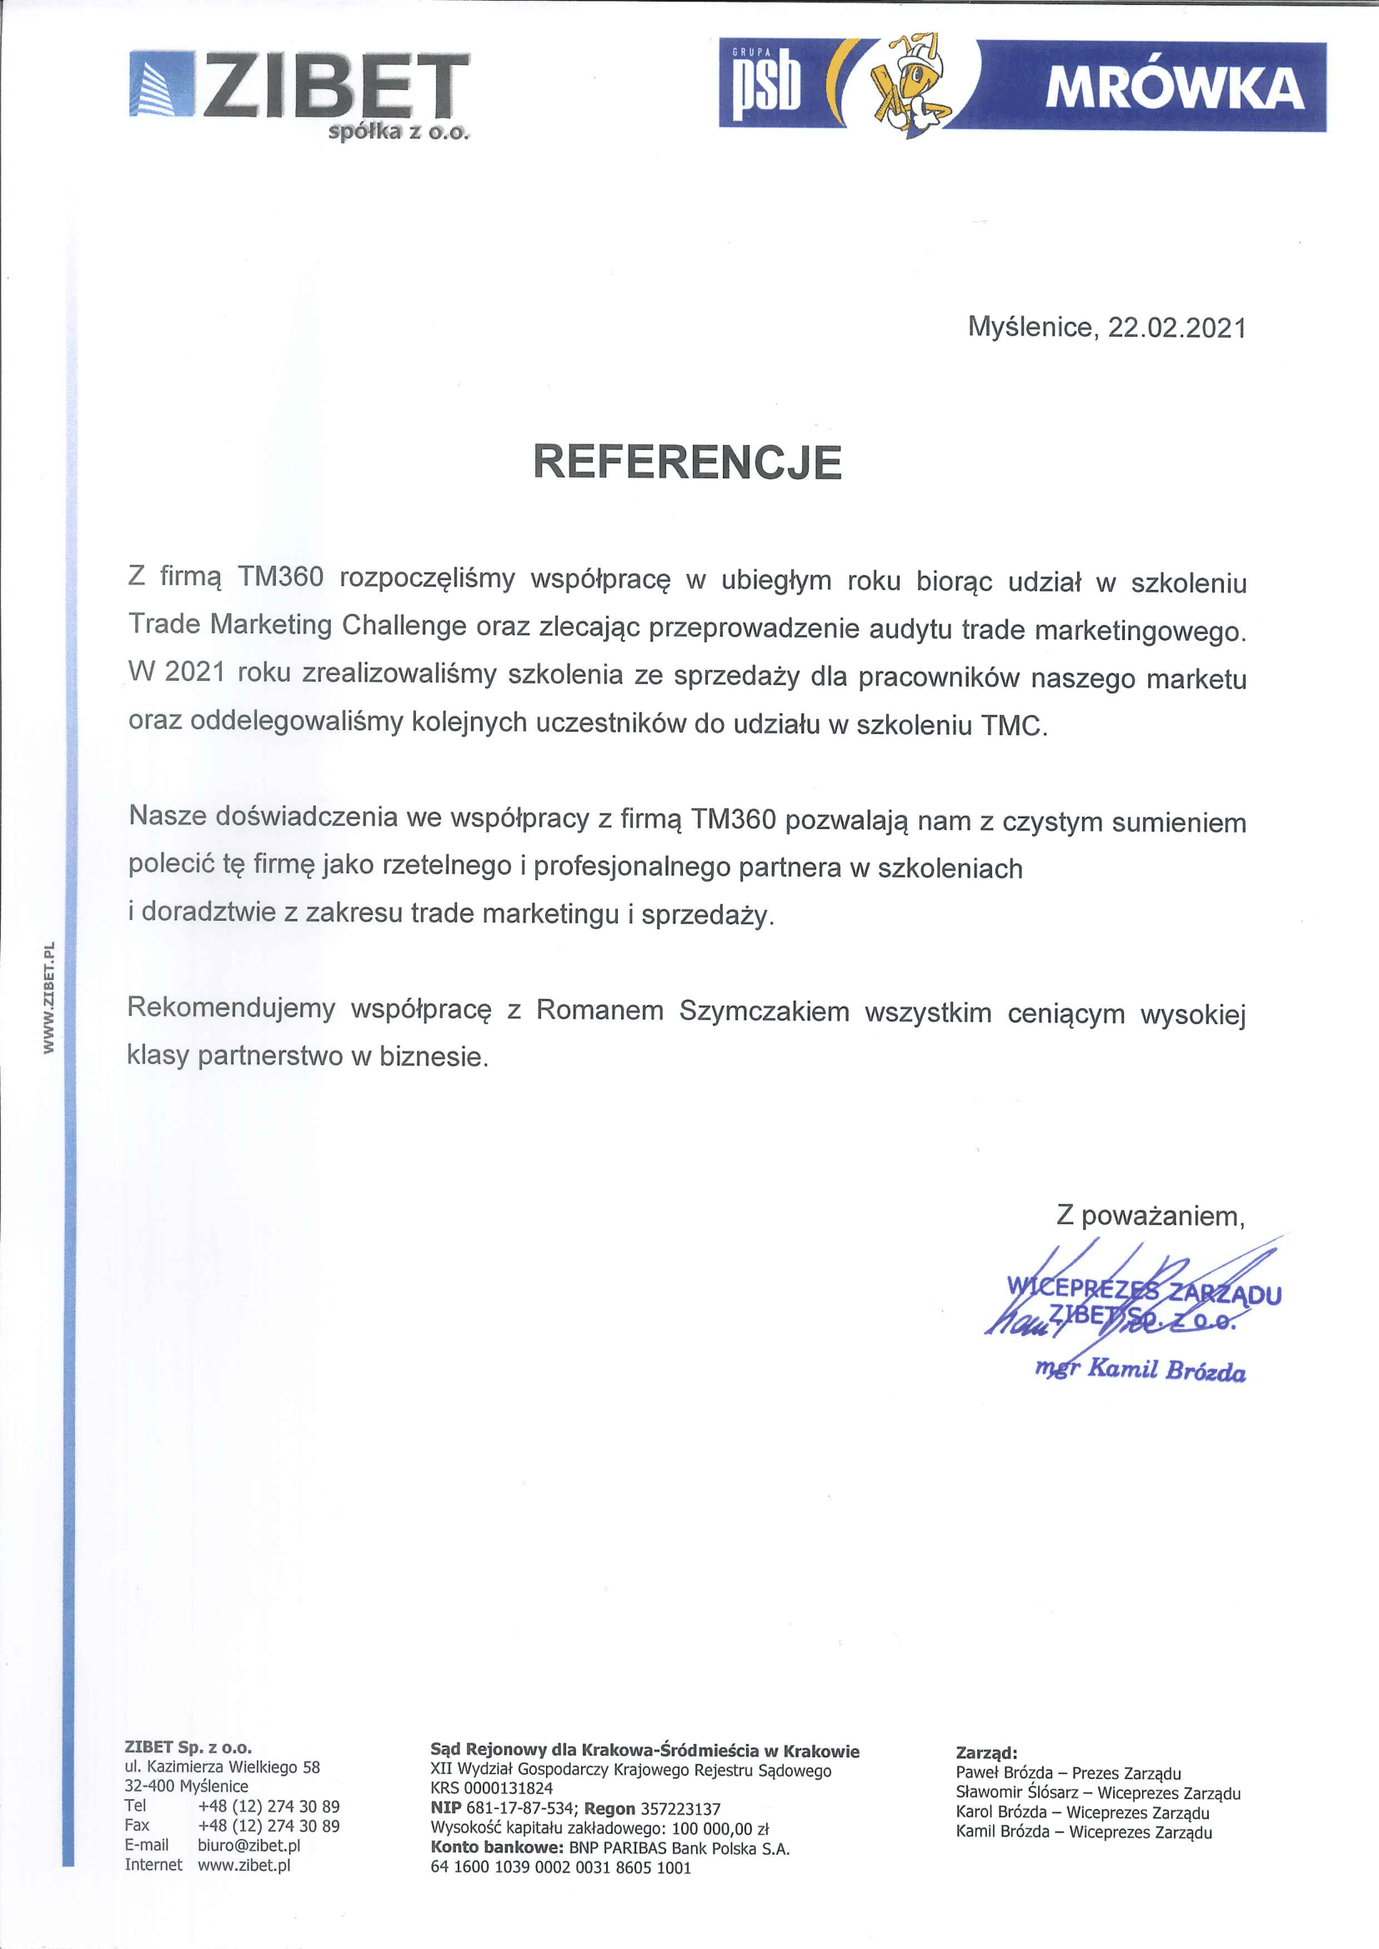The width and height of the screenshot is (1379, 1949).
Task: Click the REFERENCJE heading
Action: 687,462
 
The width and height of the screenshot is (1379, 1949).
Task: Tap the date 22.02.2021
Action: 1176,327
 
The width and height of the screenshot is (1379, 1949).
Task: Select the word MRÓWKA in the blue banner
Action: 1174,88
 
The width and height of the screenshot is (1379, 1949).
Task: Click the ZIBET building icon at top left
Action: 163,84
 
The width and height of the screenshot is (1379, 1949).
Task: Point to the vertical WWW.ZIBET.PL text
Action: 49,997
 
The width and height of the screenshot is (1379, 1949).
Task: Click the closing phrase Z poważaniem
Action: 1150,1216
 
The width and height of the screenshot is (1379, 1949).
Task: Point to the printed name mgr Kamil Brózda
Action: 1140,1369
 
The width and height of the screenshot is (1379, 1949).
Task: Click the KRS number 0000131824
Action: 508,1787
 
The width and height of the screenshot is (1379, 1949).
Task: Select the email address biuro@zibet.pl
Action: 248,1845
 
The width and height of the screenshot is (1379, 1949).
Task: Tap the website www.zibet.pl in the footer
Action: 243,1865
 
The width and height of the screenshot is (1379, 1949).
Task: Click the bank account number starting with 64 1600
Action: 560,1867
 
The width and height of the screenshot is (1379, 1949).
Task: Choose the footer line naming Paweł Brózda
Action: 1067,1772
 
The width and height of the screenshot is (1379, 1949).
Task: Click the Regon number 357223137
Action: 680,1808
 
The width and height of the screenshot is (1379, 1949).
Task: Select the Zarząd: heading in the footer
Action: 985,1752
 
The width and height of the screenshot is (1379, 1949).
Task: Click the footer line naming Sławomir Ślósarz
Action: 1097,1793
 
